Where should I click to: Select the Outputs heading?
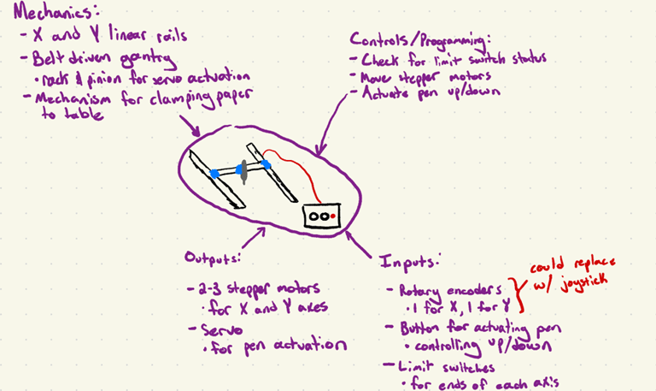click(x=214, y=258)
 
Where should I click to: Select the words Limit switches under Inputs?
click(x=436, y=367)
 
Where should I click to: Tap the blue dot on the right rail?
click(x=266, y=163)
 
